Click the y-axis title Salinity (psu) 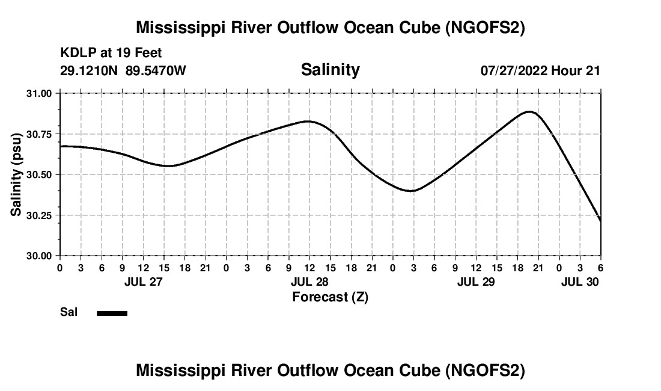(x=16, y=174)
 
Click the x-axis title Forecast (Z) (x=330, y=297)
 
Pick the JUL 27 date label (x=142, y=282)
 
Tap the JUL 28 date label (x=309, y=282)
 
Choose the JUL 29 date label (x=475, y=282)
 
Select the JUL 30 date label (x=580, y=282)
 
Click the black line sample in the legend (x=112, y=313)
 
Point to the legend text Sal (x=67, y=312)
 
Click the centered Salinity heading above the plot (x=330, y=70)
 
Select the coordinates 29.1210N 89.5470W (x=123, y=70)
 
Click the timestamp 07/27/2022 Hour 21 (x=540, y=70)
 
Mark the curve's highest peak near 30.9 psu (x=529, y=111)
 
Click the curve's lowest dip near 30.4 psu (x=412, y=191)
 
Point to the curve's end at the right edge (x=600, y=221)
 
